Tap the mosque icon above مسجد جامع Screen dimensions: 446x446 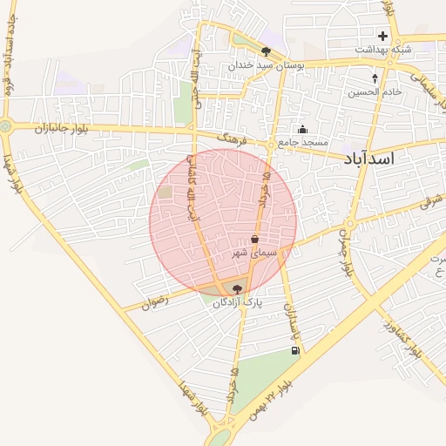[x=302, y=130]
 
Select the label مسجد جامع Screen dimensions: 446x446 [x=303, y=142]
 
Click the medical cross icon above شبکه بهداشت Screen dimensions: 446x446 [x=382, y=36]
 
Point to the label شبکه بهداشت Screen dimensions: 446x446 [x=382, y=50]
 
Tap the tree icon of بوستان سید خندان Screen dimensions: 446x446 [x=266, y=51]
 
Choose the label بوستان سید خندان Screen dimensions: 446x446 [x=265, y=65]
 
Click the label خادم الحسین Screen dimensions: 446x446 [x=375, y=91]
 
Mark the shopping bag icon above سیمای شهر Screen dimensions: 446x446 [x=254, y=239]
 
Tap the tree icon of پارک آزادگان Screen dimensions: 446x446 [x=238, y=288]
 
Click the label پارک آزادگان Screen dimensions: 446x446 [x=238, y=302]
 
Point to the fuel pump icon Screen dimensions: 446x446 [x=295, y=351]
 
